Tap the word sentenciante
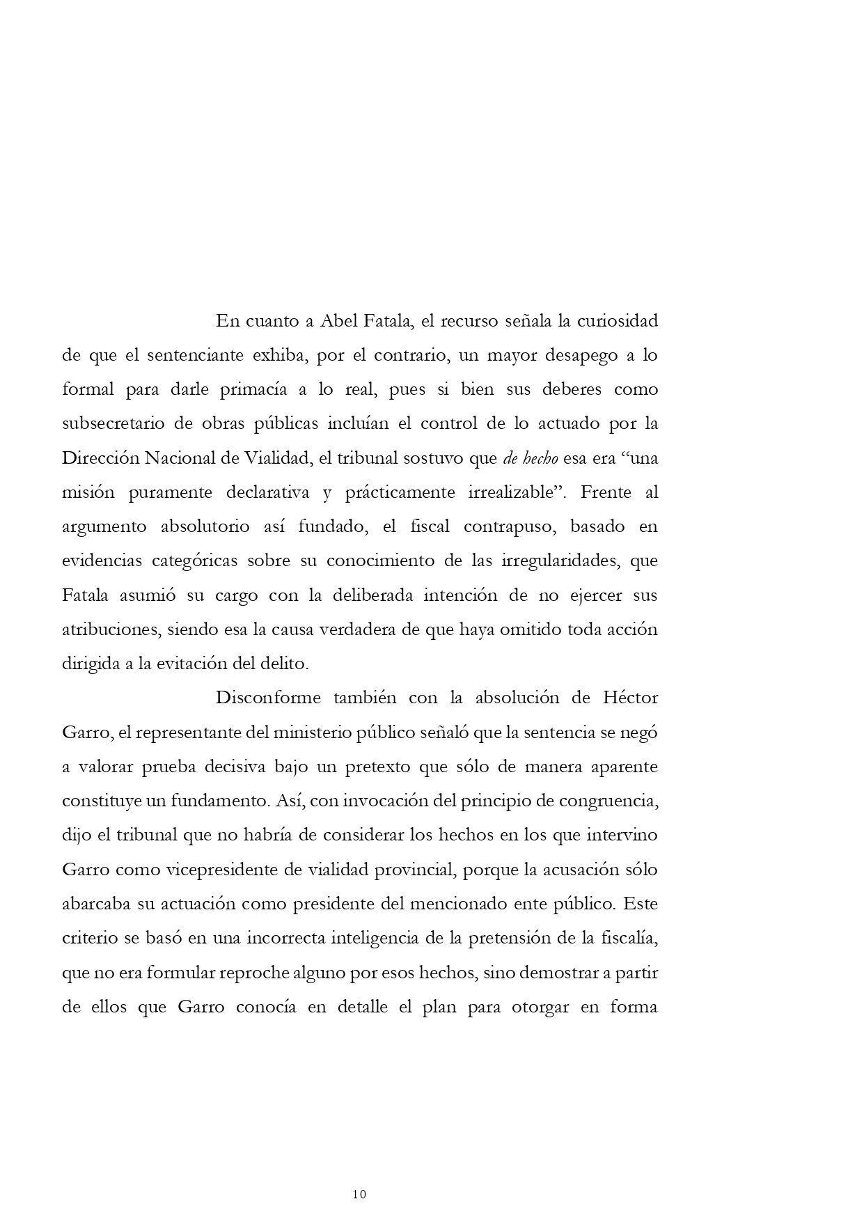click(189, 355)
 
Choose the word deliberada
click(362, 595)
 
